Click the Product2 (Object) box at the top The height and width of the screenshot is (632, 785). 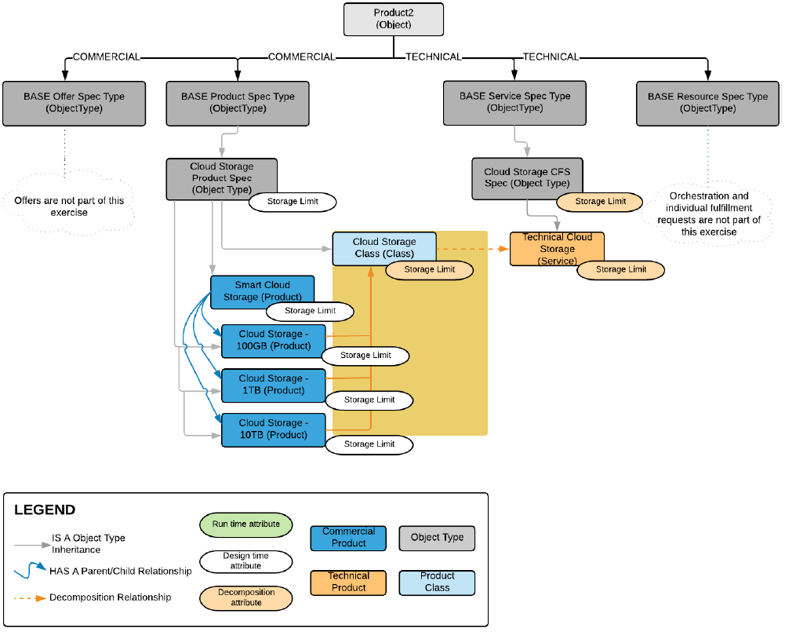[x=393, y=20]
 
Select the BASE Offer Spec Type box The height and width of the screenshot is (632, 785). [x=63, y=103]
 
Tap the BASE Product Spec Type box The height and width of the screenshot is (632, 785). [x=238, y=103]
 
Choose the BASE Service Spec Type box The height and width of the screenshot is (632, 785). [x=514, y=103]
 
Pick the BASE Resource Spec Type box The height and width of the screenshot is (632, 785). [x=707, y=103]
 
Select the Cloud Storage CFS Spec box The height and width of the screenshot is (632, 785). [x=526, y=177]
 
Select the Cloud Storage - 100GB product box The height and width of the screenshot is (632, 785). [x=274, y=339]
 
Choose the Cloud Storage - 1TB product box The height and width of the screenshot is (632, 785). [x=274, y=384]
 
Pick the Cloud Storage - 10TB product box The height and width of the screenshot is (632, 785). [x=273, y=429]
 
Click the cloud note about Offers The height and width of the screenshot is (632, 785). [x=69, y=206]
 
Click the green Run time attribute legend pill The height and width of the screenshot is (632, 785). [x=245, y=524]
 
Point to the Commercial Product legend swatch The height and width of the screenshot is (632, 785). [x=348, y=538]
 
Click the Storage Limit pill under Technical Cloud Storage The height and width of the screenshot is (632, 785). [x=621, y=269]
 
